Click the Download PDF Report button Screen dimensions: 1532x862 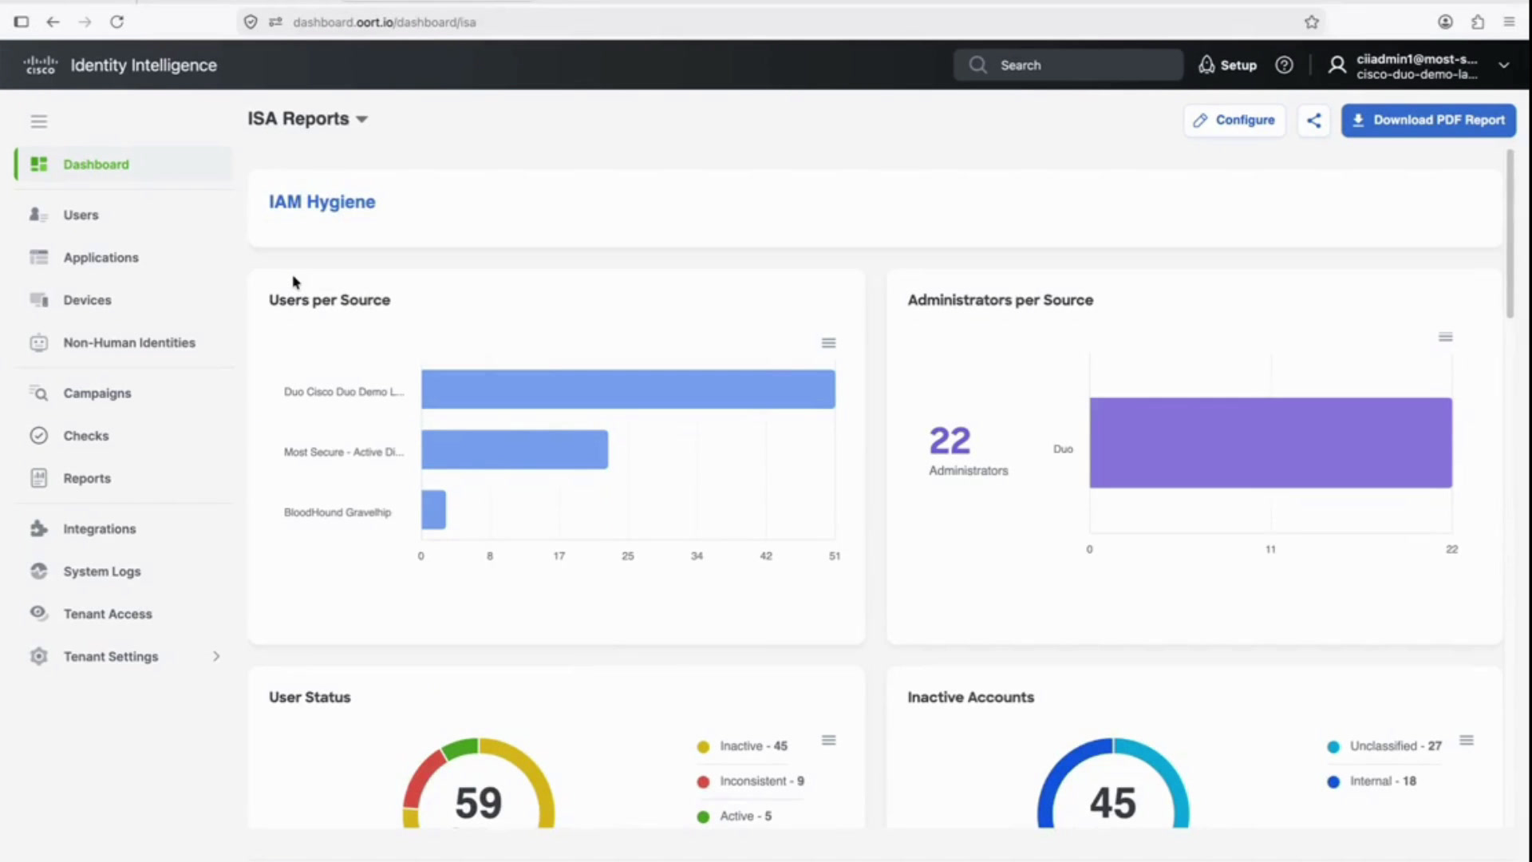coord(1428,121)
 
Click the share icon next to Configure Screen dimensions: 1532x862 coord(1314,121)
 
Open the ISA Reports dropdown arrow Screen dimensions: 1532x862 coord(361,120)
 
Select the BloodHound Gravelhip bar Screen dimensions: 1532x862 coord(433,509)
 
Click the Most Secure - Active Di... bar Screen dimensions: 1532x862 coord(515,449)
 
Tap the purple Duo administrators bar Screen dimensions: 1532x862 coord(1270,443)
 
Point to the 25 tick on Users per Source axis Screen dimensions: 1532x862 coord(628,556)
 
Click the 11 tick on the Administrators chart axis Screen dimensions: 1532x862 coord(1270,550)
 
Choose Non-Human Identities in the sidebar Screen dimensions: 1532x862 coord(129,343)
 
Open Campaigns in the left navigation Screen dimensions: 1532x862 coord(97,393)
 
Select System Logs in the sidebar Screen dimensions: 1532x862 coord(102,571)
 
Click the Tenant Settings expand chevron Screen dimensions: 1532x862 coord(216,656)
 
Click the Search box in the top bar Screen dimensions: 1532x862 coord(1068,65)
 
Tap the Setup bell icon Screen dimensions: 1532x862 coord(1206,65)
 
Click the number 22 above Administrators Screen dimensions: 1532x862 coord(950,441)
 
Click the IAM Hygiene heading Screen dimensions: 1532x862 coord(322,202)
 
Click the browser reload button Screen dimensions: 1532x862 coord(116,22)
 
